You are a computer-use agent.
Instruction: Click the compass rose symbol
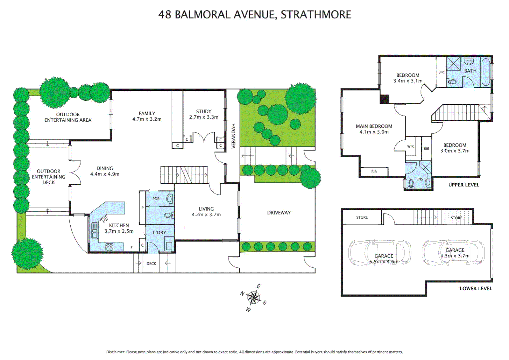click(x=254, y=297)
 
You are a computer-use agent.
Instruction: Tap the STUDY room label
click(x=204, y=112)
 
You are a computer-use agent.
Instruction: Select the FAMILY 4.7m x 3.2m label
click(x=147, y=116)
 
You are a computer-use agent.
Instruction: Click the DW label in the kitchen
click(x=105, y=220)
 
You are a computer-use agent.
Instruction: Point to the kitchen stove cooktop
click(x=109, y=247)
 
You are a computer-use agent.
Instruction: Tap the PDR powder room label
click(x=156, y=199)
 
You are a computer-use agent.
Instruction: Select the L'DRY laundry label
click(x=159, y=233)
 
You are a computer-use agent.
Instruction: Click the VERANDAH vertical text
click(x=234, y=136)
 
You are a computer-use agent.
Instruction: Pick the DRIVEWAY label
click(x=279, y=213)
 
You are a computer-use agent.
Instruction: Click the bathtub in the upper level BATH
click(x=485, y=72)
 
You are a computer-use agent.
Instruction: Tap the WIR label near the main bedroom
click(x=410, y=146)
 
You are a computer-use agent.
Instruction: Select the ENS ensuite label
click(x=419, y=179)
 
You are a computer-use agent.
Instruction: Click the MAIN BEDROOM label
click(x=374, y=126)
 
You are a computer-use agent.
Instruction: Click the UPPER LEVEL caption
click(x=464, y=185)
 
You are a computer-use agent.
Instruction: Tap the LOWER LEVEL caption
click(x=476, y=289)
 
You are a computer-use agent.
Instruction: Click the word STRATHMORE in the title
click(x=316, y=15)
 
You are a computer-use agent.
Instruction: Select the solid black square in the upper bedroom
click(x=384, y=99)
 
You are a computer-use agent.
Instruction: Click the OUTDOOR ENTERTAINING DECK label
click(x=49, y=177)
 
